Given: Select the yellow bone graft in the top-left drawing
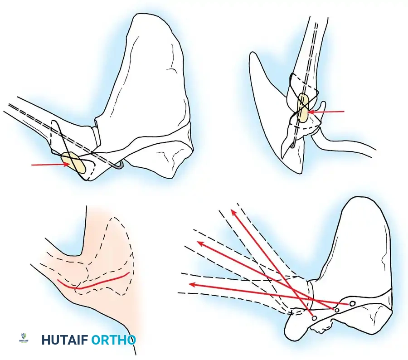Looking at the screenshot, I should [73, 164].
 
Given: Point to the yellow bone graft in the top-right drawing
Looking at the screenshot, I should [303, 108].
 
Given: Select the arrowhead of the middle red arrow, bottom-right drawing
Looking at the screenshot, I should [200, 243].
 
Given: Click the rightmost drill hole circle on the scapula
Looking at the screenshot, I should [352, 302].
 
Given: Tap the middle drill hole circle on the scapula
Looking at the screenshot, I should [337, 310].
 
